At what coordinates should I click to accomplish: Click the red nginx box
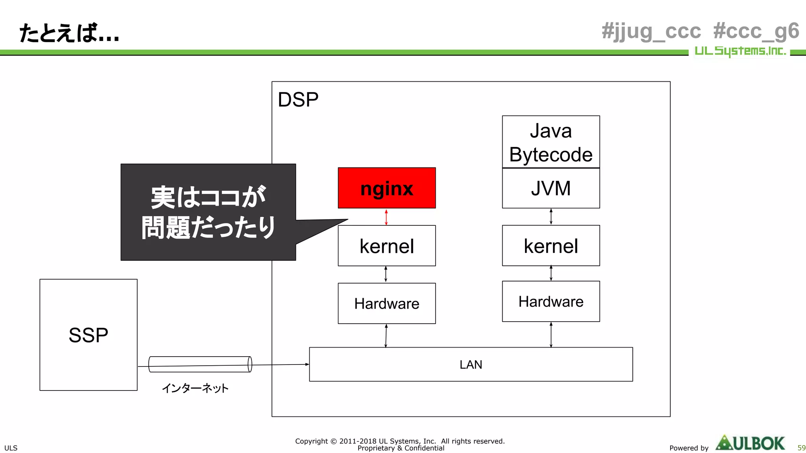pyautogui.click(x=386, y=188)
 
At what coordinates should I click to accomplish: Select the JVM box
pyautogui.click(x=551, y=188)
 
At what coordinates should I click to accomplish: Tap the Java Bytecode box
pyautogui.click(x=551, y=142)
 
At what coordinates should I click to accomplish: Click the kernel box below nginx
pyautogui.click(x=386, y=246)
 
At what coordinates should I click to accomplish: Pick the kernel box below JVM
pyautogui.click(x=551, y=246)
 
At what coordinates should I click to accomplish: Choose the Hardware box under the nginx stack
pyautogui.click(x=386, y=304)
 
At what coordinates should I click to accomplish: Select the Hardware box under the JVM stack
pyautogui.click(x=551, y=302)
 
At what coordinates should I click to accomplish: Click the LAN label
pyautogui.click(x=471, y=365)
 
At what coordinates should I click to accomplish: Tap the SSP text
pyautogui.click(x=88, y=335)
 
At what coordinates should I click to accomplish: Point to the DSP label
pyautogui.click(x=298, y=99)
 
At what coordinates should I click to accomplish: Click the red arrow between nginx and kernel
pyautogui.click(x=386, y=217)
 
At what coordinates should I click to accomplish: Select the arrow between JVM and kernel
pyautogui.click(x=551, y=217)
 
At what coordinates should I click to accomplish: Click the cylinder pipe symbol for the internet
pyautogui.click(x=200, y=364)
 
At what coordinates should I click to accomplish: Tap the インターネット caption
pyautogui.click(x=195, y=388)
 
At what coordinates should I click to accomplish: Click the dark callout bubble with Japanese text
pyautogui.click(x=208, y=212)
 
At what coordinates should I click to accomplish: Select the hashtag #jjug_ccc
pyautogui.click(x=651, y=31)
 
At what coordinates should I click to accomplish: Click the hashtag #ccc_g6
pyautogui.click(x=756, y=31)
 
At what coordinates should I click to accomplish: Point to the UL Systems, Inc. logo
pyautogui.click(x=739, y=51)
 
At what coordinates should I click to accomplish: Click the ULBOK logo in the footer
pyautogui.click(x=750, y=443)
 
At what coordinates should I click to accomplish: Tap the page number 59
pyautogui.click(x=801, y=447)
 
